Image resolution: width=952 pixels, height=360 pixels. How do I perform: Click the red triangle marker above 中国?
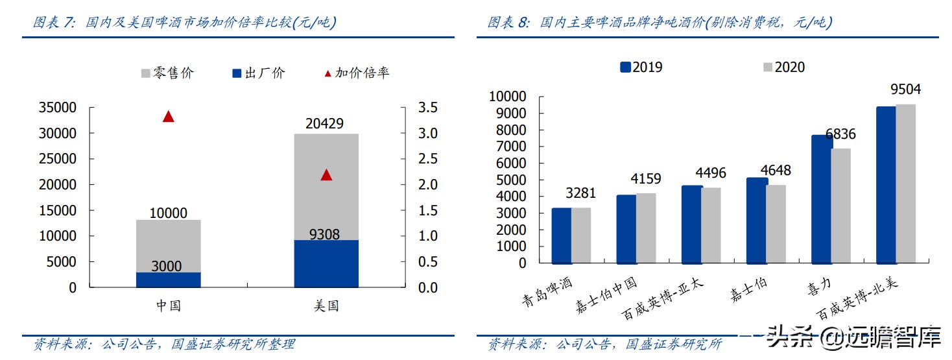169,117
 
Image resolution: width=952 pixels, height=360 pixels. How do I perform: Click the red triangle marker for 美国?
326,174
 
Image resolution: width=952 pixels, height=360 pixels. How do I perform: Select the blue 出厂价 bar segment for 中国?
169,280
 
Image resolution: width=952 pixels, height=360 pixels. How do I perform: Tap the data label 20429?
326,124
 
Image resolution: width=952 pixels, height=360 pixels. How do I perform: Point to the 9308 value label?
324,234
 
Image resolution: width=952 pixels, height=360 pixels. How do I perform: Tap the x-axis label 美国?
326,306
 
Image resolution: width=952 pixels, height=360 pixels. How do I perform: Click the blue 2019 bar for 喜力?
821,199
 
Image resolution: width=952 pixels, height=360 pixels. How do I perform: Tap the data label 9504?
905,90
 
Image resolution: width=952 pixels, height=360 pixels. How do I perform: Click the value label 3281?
580,193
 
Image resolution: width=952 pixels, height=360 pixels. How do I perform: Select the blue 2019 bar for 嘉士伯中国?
626,229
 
